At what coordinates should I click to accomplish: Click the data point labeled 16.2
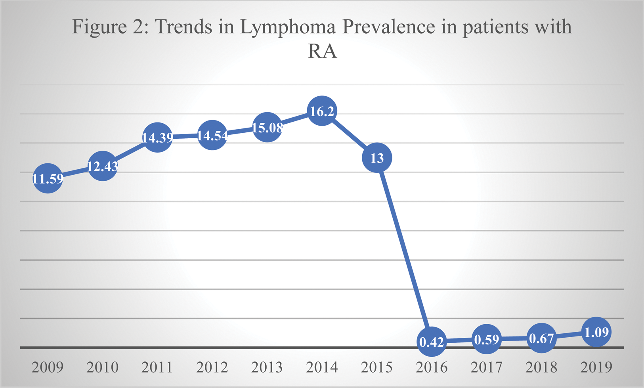point(322,111)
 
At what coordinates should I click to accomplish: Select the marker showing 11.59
point(48,178)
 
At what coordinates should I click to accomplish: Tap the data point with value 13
point(377,158)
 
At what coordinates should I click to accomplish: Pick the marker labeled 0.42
point(432,342)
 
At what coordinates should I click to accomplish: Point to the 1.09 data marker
point(596,332)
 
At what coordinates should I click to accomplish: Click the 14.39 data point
point(157,137)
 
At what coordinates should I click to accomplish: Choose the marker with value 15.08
point(267,127)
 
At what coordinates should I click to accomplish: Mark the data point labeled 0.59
point(486,339)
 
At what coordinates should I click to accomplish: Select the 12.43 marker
point(103,166)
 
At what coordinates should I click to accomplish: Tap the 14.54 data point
point(212,135)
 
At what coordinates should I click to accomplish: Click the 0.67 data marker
point(541,338)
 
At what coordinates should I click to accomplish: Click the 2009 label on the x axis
point(48,367)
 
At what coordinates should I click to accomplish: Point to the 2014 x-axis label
point(322,367)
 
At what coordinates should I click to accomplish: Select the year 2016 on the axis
point(432,367)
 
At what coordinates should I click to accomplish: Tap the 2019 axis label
point(596,367)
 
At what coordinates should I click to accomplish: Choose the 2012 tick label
point(212,367)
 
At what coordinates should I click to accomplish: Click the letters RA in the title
point(322,52)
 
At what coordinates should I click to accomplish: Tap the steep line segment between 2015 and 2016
point(404,250)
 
